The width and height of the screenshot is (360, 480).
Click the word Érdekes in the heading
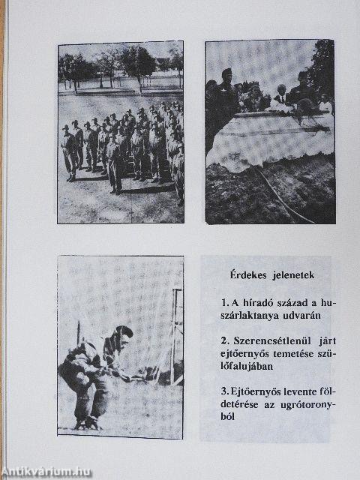point(244,274)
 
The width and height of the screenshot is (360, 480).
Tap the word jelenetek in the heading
point(288,274)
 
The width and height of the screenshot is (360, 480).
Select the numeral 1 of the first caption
point(224,303)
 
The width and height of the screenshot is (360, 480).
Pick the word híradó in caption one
point(252,303)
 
